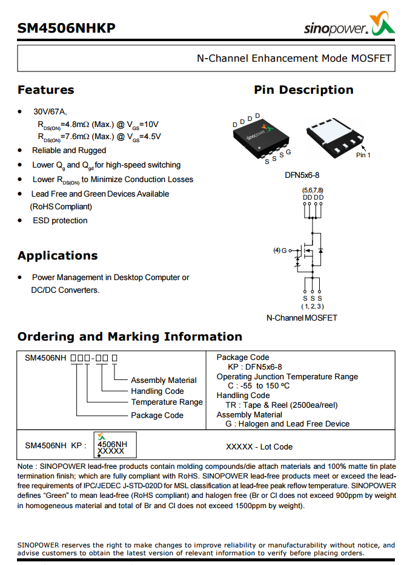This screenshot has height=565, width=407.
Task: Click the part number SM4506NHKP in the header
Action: pyautogui.click(x=66, y=28)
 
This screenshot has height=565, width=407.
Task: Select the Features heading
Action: pyautogui.click(x=45, y=90)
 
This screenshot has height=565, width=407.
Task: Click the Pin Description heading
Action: pyautogui.click(x=303, y=90)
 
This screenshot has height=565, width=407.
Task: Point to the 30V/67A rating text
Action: pyautogui.click(x=50, y=111)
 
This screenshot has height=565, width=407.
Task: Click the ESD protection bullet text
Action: pyautogui.click(x=60, y=220)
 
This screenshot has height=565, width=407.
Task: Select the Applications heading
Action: pyautogui.click(x=58, y=255)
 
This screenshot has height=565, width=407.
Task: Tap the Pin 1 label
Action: pyautogui.click(x=363, y=155)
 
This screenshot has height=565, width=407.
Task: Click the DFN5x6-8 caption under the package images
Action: pyautogui.click(x=302, y=175)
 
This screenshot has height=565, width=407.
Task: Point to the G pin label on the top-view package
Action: pyautogui.click(x=289, y=152)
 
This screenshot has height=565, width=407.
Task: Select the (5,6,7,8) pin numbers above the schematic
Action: pyautogui.click(x=313, y=191)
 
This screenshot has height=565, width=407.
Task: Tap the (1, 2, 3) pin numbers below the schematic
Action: pyautogui.click(x=313, y=307)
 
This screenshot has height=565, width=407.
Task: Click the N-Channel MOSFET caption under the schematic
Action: pyautogui.click(x=302, y=318)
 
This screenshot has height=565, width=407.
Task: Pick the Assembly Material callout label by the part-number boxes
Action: pyautogui.click(x=164, y=380)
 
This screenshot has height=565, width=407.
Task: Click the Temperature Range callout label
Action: pyautogui.click(x=167, y=402)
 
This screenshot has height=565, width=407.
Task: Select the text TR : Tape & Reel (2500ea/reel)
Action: pyautogui.click(x=282, y=405)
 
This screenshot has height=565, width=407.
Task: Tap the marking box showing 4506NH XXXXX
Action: pyautogui.click(x=115, y=444)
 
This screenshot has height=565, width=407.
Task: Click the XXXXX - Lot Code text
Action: pyautogui.click(x=259, y=446)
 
